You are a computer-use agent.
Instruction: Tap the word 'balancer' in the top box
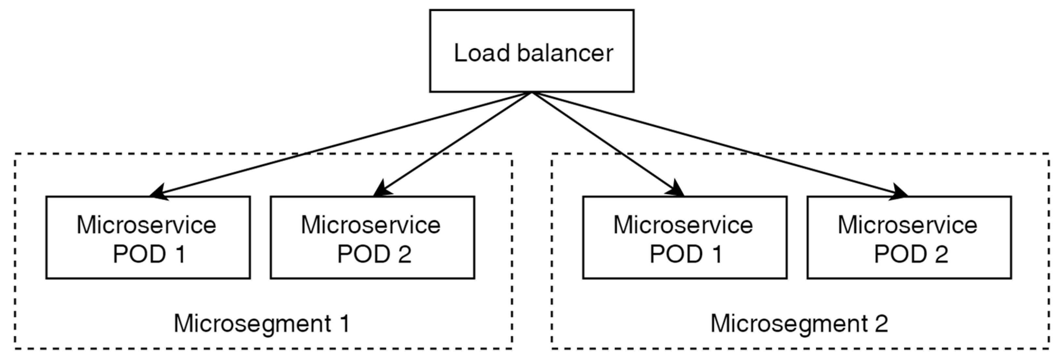pos(565,53)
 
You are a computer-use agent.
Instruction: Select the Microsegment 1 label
pos(262,324)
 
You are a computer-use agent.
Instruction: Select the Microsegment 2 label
pos(799,324)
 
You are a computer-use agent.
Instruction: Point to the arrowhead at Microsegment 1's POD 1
pos(158,192)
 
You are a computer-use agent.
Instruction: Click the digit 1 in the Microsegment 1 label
pos(345,324)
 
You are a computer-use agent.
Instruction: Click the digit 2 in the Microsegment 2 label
pos(881,324)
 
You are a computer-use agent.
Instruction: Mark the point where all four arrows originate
pos(532,92)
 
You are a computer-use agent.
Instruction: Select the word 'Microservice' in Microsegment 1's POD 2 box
pos(371,225)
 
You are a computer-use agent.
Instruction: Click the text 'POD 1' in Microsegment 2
pos(686,254)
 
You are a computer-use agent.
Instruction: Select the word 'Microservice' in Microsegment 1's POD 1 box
pos(147,225)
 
